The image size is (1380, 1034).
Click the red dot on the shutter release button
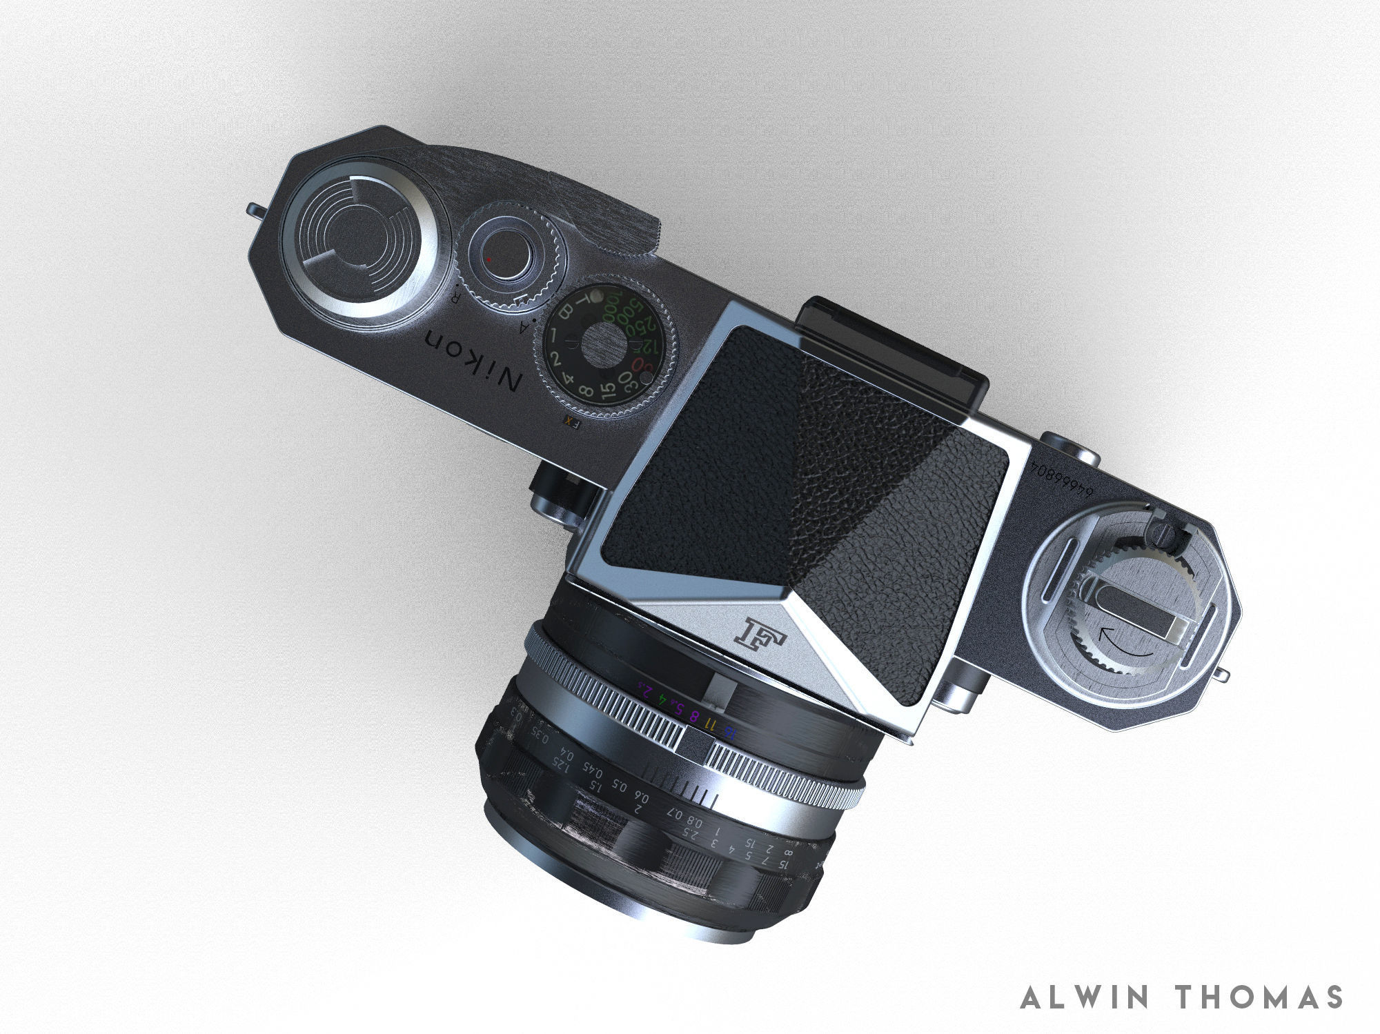tap(489, 259)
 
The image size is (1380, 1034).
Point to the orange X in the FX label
tap(569, 420)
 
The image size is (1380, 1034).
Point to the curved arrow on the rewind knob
tap(1125, 647)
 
